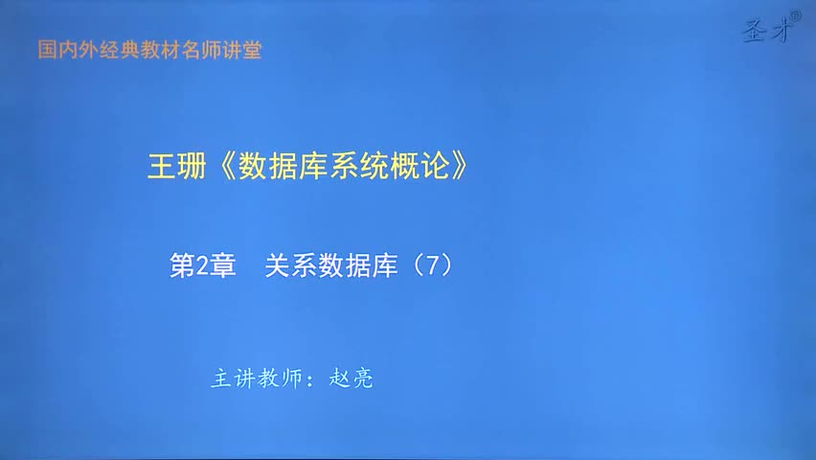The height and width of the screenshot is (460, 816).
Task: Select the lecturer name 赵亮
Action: pyautogui.click(x=351, y=379)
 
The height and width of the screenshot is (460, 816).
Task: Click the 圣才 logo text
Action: pyautogui.click(x=763, y=33)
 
